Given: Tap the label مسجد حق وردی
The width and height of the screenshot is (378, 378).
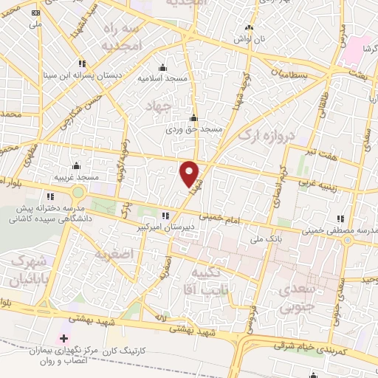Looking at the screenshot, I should pyautogui.click(x=193, y=128).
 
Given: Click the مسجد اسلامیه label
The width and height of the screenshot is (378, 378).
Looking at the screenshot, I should pyautogui.click(x=164, y=78).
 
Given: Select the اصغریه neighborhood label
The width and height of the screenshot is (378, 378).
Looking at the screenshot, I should pyautogui.click(x=112, y=255).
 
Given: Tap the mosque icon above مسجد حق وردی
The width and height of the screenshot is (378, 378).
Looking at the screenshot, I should pyautogui.click(x=193, y=117).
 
